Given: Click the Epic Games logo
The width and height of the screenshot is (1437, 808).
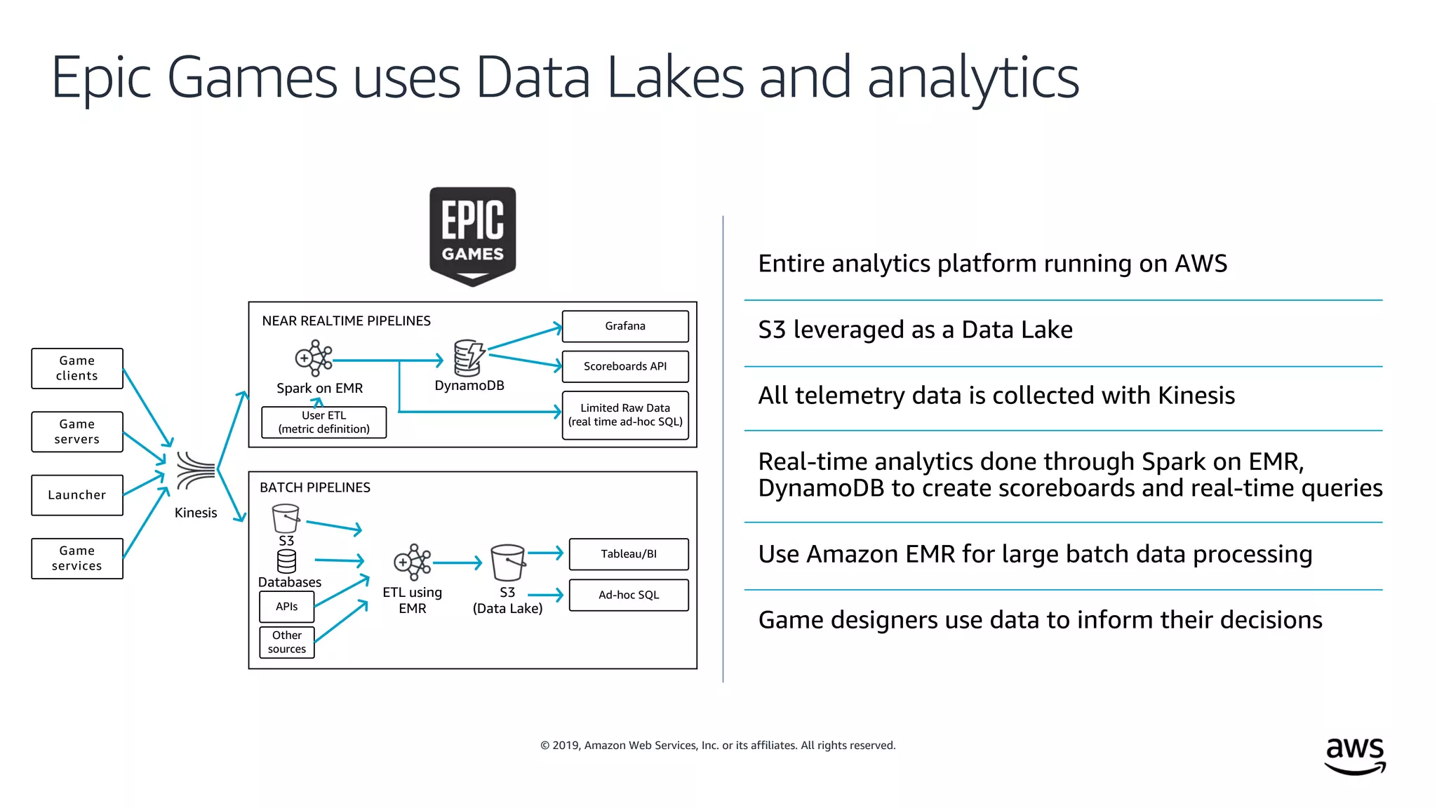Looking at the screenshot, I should tap(472, 236).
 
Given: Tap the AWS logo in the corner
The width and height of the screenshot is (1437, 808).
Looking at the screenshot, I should tap(1355, 755).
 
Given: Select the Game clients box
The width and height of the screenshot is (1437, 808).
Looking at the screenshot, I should tap(77, 368).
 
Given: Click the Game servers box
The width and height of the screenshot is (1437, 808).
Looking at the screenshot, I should tap(77, 431).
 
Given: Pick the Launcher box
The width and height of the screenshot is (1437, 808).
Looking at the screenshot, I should tap(77, 495).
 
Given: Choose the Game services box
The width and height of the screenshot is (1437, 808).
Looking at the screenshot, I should tap(77, 558).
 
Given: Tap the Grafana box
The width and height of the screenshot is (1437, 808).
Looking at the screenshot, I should tap(625, 326).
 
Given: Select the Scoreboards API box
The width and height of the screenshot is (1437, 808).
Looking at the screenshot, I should tap(625, 366).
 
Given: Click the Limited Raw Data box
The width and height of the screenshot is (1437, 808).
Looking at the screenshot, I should tap(625, 415).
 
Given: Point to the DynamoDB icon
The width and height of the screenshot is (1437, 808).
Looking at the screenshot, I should tap(469, 358).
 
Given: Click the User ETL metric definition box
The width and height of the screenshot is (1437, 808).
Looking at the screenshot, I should tap(323, 422).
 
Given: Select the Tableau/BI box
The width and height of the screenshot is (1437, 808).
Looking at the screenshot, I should tap(629, 554).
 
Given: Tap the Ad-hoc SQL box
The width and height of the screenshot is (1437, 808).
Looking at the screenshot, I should tap(629, 595).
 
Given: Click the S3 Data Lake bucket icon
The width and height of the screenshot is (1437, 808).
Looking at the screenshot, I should tap(507, 563).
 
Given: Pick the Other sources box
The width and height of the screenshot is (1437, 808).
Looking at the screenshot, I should tap(287, 642).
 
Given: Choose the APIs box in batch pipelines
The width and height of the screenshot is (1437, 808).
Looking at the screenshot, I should tap(287, 607).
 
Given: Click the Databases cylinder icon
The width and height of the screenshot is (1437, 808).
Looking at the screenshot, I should tap(286, 561).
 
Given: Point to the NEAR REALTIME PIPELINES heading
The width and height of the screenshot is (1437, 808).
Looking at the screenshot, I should tap(346, 321).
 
